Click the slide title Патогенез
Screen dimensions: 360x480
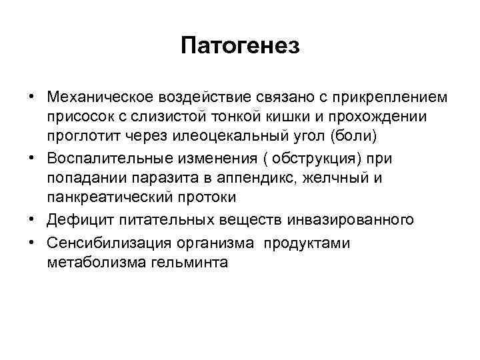[x=241, y=46]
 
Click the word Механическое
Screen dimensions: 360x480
[x=99, y=97]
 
